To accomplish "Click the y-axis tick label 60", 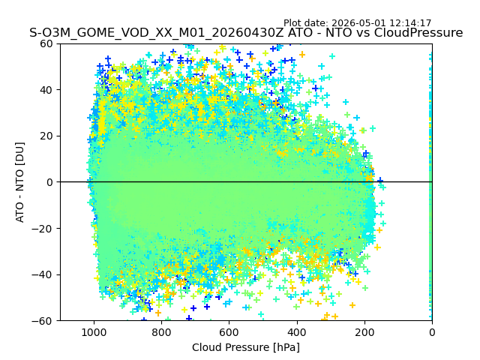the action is (46, 43).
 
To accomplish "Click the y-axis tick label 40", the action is (46, 90).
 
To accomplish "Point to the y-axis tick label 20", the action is (46, 136).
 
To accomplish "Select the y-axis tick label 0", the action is (49, 182).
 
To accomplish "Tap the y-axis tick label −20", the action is (43, 229).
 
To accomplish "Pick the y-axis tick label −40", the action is (43, 275).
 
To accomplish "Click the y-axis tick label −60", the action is (43, 321).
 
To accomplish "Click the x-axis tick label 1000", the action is (94, 332).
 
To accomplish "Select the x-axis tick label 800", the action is (162, 332).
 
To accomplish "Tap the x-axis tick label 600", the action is (229, 332).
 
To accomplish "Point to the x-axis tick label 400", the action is (297, 332).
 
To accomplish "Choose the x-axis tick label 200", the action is (364, 332).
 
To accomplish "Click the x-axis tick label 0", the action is (432, 332).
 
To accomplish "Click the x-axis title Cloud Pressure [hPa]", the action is (246, 348).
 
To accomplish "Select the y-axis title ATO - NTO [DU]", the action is (20, 182).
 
